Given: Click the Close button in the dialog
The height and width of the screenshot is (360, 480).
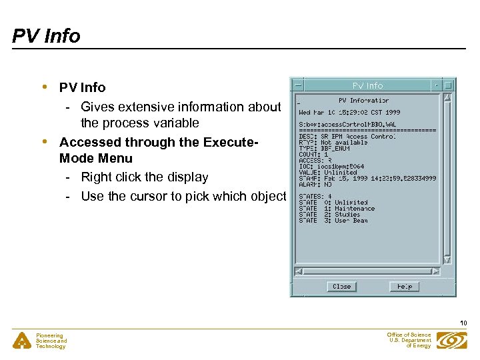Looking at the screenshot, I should pyautogui.click(x=341, y=286).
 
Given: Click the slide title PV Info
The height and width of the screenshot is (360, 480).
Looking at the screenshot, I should pyautogui.click(x=46, y=35).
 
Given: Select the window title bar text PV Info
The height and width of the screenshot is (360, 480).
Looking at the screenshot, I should pyautogui.click(x=367, y=85).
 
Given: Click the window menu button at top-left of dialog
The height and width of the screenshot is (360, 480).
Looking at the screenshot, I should pyautogui.click(x=298, y=85).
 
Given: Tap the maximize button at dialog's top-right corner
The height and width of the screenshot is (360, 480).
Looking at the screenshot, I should pyautogui.click(x=449, y=85).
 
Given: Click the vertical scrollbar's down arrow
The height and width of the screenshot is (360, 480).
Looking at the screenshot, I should pyautogui.click(x=447, y=259).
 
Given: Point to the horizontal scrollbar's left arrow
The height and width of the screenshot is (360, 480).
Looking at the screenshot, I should pyautogui.click(x=299, y=271).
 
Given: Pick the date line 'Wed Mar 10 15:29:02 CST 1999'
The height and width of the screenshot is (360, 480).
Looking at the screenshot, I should pyautogui.click(x=349, y=113).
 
